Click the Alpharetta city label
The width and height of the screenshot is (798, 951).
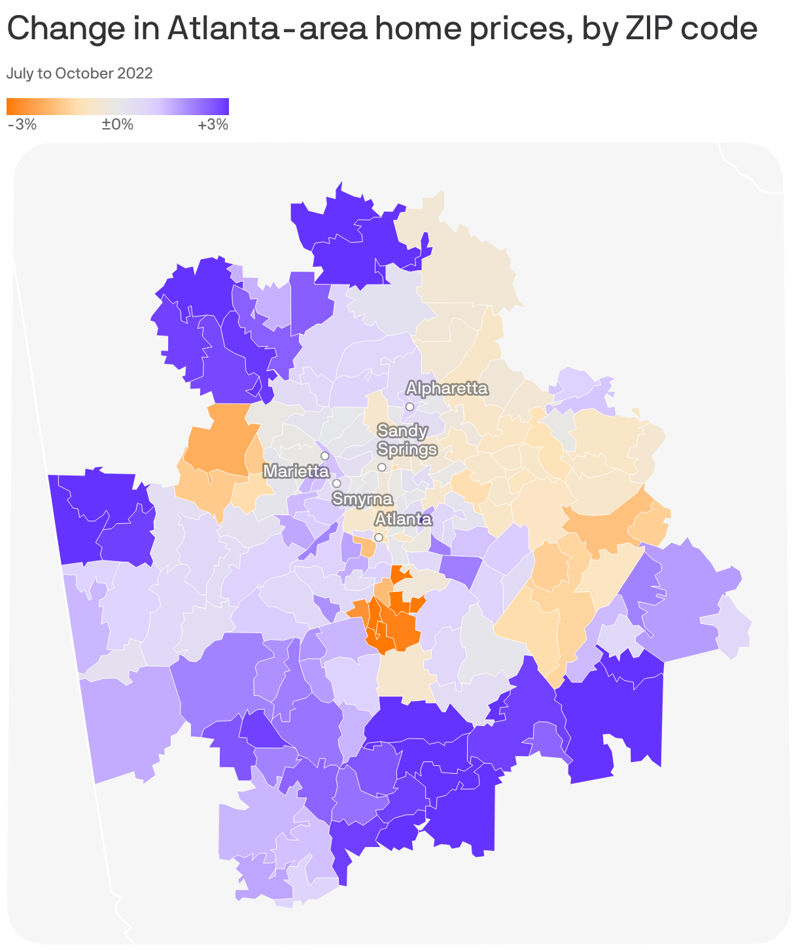(x=447, y=389)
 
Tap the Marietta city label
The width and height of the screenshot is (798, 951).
(x=296, y=471)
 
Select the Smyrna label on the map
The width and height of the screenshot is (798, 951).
(x=362, y=499)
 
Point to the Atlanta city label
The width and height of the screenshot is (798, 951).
(x=403, y=519)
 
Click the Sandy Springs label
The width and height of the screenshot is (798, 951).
(x=407, y=440)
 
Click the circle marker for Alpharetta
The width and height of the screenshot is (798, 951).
(x=409, y=407)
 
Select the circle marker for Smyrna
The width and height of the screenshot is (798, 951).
(x=336, y=483)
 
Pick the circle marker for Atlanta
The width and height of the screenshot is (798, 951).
(x=378, y=538)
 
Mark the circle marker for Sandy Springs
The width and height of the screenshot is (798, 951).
(x=381, y=467)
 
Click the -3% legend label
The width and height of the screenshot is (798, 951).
(x=22, y=124)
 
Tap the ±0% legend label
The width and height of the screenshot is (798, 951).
(x=118, y=124)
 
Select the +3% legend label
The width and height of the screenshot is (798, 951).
(x=213, y=124)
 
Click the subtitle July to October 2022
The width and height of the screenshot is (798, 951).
(x=79, y=73)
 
